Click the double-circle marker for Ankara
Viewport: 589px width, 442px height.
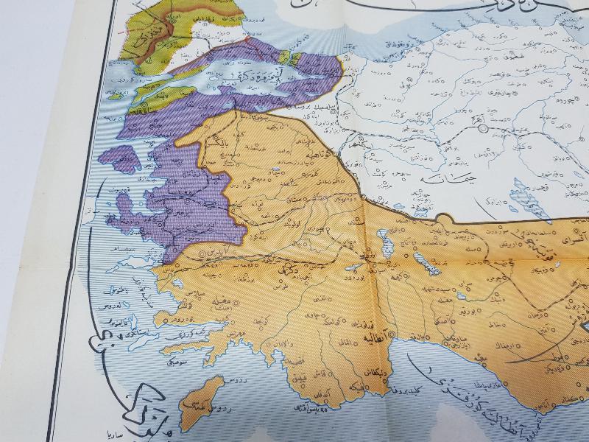tap(484, 129)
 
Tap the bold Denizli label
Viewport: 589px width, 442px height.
tap(285, 272)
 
